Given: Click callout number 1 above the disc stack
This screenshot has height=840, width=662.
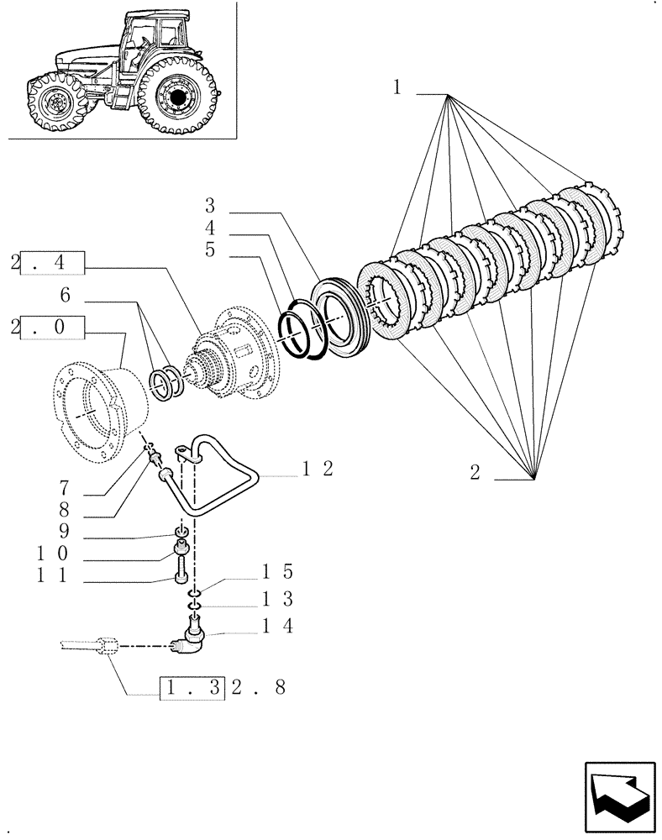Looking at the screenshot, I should pyautogui.click(x=397, y=87).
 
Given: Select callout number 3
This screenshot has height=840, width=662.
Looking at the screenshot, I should pyautogui.click(x=210, y=206).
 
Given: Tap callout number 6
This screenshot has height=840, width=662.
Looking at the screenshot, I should pyautogui.click(x=65, y=295).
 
